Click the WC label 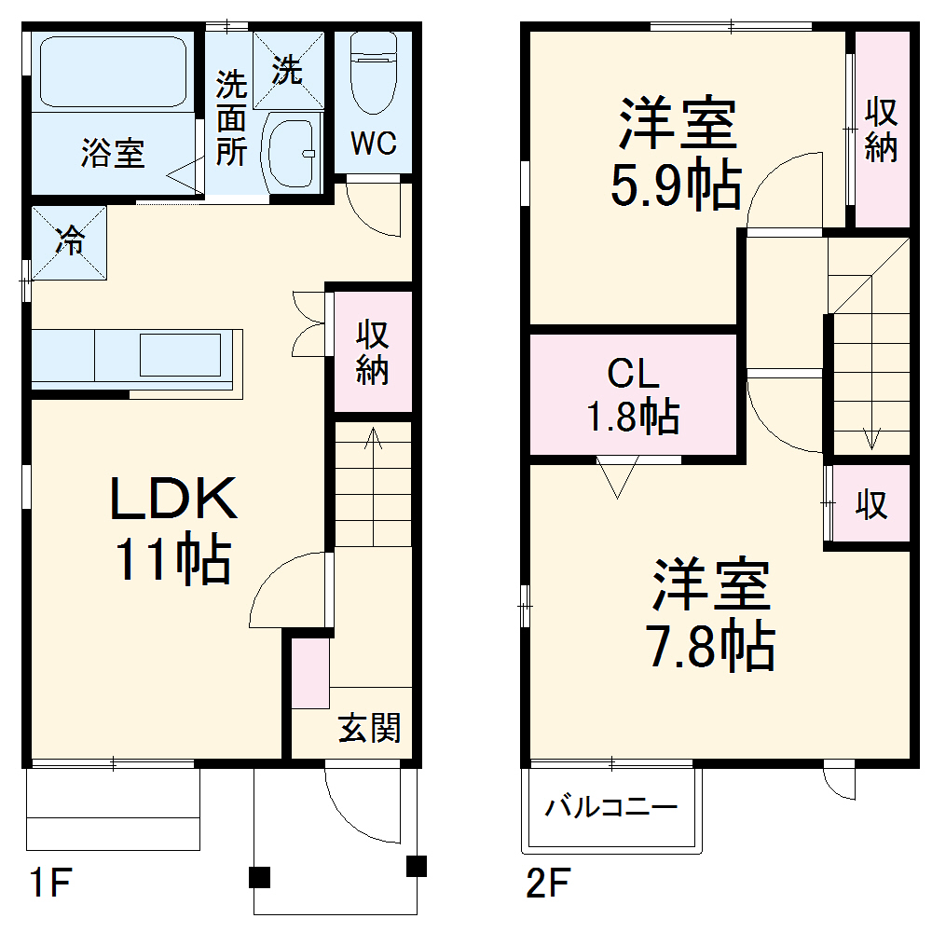click(374, 143)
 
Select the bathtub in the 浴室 click(112, 72)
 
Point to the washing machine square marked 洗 click(289, 70)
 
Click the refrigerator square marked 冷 click(69, 241)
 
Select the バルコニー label click(611, 806)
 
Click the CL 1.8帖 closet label click(633, 395)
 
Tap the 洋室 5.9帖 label click(677, 155)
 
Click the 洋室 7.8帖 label click(710, 614)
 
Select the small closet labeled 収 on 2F click(870, 504)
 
